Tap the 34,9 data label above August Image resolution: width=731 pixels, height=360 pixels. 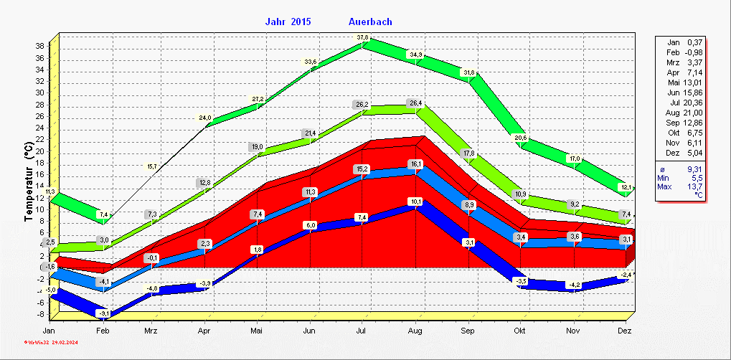[415, 55]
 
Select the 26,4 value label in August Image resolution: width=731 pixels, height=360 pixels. [415, 103]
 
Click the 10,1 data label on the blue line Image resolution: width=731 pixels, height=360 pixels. [415, 202]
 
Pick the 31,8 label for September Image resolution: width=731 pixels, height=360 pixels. [468, 72]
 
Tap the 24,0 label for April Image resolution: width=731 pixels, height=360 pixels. [205, 118]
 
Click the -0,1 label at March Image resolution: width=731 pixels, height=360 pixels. [151, 257]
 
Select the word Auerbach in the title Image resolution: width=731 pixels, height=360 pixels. [370, 22]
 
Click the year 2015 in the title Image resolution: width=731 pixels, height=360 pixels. [301, 22]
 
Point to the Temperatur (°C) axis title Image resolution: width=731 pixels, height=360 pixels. [29, 181]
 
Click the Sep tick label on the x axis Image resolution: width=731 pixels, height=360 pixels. [468, 330]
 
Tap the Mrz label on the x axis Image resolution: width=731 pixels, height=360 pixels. [151, 330]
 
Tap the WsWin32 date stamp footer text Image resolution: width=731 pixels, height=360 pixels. [50, 343]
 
